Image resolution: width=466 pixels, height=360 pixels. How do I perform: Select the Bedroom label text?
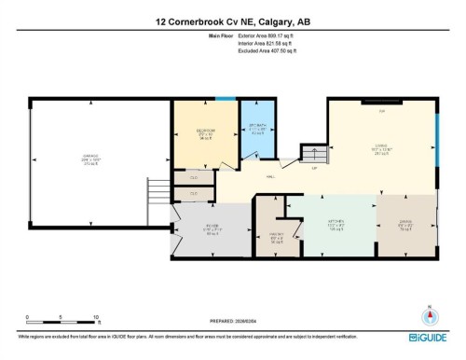(207, 131)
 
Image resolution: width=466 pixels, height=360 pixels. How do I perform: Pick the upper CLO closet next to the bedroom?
(193, 176)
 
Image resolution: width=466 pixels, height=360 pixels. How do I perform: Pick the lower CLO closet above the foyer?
(193, 194)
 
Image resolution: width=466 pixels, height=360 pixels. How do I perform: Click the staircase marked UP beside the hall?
(308, 155)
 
